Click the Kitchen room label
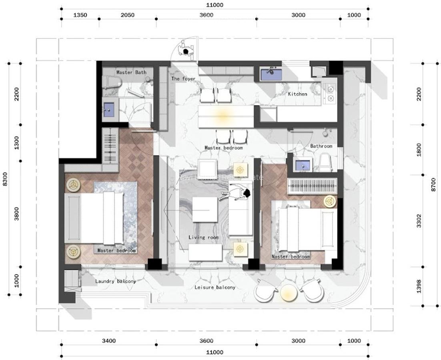coord(297,94)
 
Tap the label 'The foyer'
coord(183,79)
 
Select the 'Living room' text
coord(204,237)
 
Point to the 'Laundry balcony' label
coord(115,281)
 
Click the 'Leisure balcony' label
coord(215,287)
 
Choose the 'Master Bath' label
coord(131,72)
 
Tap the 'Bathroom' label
coord(321,146)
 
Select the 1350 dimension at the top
coord(80,15)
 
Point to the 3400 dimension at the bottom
coord(109,341)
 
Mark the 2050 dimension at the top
coord(128,15)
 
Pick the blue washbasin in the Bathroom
coord(302,164)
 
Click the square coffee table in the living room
coord(204,210)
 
